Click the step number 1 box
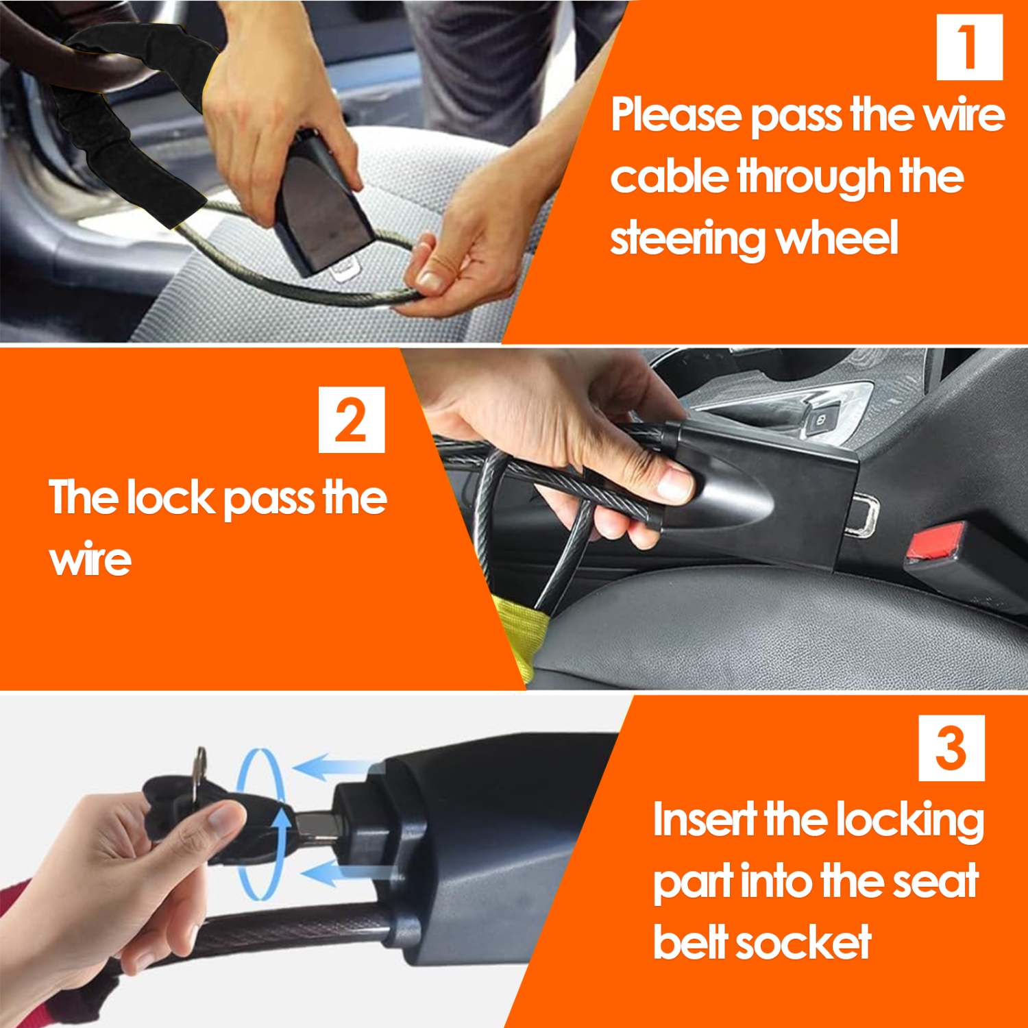pos(969,47)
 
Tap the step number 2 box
pos(352,419)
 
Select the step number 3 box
pos(951,748)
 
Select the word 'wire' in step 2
pos(90,560)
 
